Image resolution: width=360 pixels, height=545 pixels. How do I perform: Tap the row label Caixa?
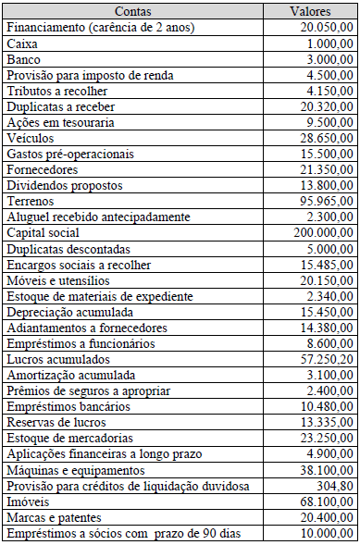(x=22, y=43)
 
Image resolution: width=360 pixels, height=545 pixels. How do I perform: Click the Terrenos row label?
(x=30, y=201)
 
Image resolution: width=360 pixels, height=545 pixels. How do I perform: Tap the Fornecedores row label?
(x=43, y=169)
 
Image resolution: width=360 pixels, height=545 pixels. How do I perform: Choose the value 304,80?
(x=334, y=484)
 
